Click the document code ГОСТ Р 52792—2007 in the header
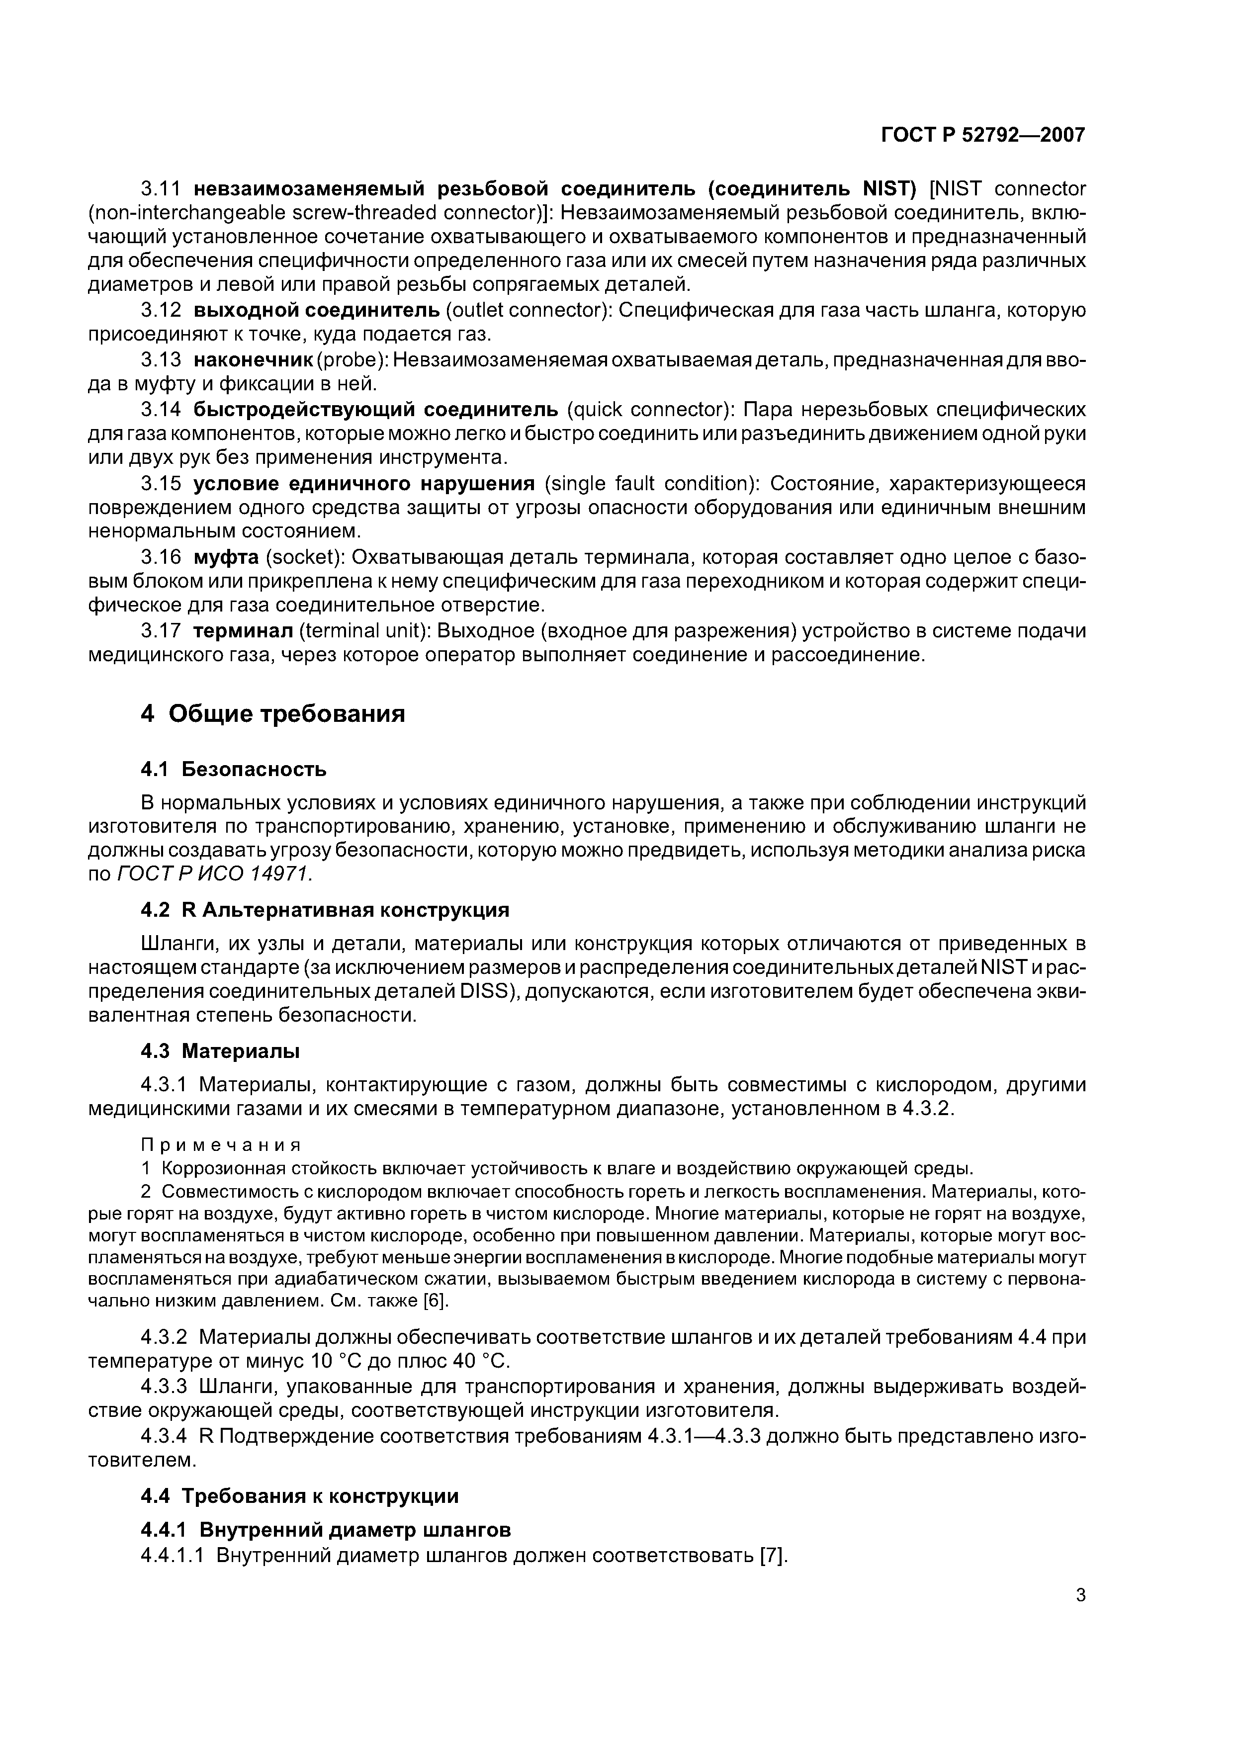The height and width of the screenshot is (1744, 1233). coord(982,135)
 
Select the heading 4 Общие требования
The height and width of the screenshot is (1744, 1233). coord(273,714)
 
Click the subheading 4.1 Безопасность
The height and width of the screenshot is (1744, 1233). coord(234,770)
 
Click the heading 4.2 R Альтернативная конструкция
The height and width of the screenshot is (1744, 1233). coord(325,910)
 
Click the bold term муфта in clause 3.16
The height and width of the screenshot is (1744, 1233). coord(226,557)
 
